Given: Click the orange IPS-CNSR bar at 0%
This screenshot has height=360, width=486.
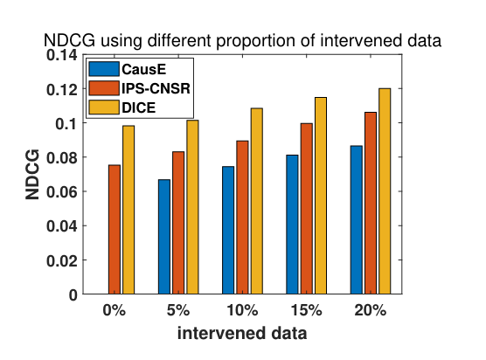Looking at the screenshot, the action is (x=115, y=229).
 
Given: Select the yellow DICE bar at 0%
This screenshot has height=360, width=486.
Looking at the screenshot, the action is (x=128, y=210).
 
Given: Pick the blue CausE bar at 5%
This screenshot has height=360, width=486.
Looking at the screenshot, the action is (x=164, y=237).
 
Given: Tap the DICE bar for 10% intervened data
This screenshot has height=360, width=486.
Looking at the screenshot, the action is (x=257, y=201).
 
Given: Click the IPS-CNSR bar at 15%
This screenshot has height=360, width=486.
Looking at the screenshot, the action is (x=307, y=209).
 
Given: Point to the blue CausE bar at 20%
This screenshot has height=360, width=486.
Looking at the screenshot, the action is (x=357, y=219).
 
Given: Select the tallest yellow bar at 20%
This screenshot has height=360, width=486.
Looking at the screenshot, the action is (x=385, y=191).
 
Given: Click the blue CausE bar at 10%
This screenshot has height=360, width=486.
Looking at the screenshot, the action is (x=228, y=230).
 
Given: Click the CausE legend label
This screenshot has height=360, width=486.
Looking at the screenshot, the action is (x=144, y=69).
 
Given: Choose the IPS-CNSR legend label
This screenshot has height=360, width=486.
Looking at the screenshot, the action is (x=156, y=88).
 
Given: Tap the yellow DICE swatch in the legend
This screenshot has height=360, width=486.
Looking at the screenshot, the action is (x=104, y=107).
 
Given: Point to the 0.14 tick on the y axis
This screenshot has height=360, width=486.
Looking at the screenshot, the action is (x=62, y=55).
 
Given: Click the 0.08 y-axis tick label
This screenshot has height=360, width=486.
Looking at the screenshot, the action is (x=62, y=157).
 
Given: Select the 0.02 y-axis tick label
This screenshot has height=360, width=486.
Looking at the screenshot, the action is (x=62, y=260).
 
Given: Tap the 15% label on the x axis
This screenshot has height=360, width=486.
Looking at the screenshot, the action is (x=307, y=310).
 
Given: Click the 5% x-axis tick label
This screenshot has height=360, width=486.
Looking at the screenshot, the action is (x=178, y=310).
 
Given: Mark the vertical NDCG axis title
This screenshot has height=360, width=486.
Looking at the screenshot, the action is (x=32, y=175).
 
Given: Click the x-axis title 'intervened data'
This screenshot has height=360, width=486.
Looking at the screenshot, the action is (x=242, y=333).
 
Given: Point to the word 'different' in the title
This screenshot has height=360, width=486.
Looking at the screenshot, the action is (x=177, y=40).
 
